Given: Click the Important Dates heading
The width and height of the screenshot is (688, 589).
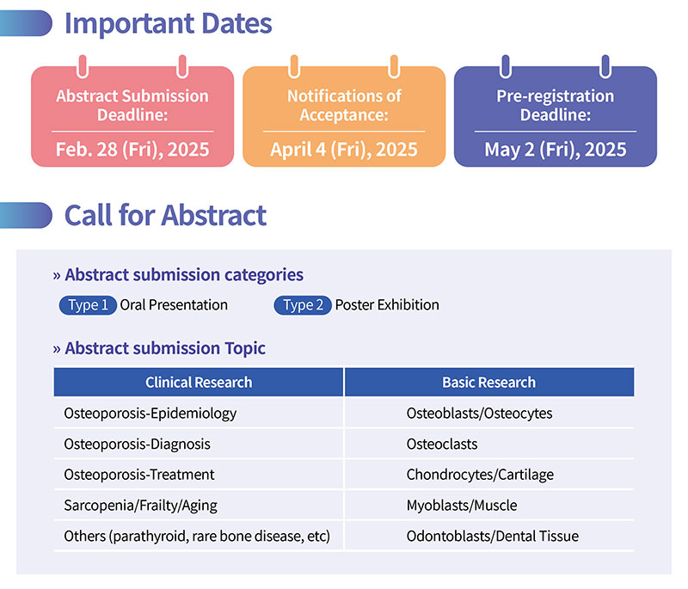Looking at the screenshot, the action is coord(168,24).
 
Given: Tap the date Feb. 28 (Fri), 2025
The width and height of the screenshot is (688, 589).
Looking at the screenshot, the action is coord(132,150).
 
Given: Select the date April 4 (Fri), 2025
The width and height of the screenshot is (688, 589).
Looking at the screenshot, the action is coord(344,150).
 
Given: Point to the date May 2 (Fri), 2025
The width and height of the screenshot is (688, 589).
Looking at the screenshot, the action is coord(556,150).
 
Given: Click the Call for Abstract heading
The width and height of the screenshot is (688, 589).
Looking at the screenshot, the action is coord(165,215).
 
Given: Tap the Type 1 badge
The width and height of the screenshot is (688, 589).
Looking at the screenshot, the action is coord(88,304).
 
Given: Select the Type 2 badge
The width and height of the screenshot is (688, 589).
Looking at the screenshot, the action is coord(303,304).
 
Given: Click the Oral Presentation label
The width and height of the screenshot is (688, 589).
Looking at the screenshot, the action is coord(174,304).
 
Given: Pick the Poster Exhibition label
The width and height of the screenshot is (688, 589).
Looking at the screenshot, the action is coord(387,304).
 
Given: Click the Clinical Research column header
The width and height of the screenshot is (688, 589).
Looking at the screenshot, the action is coord(199,382).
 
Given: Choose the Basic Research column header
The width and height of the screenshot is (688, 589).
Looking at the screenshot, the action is coord(489,382).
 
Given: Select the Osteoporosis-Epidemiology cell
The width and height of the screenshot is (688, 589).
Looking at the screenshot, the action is coord(150,414).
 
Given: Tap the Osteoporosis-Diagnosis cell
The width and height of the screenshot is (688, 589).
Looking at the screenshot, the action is coord(137,445).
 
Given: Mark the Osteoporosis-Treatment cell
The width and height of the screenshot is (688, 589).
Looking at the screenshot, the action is coord(139,475).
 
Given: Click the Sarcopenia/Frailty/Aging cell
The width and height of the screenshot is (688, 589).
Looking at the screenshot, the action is coord(140,506).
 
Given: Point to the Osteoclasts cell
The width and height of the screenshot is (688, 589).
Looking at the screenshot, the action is coord(442,445).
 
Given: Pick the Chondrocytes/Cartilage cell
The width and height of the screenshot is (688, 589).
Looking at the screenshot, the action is coord(480,475).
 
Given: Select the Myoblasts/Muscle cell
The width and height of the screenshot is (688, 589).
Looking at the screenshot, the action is coord(462,506).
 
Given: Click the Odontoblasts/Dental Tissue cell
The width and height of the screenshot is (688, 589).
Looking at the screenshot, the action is coord(492,536).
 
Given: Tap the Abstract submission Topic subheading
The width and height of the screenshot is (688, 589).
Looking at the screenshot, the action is coord(165,348).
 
